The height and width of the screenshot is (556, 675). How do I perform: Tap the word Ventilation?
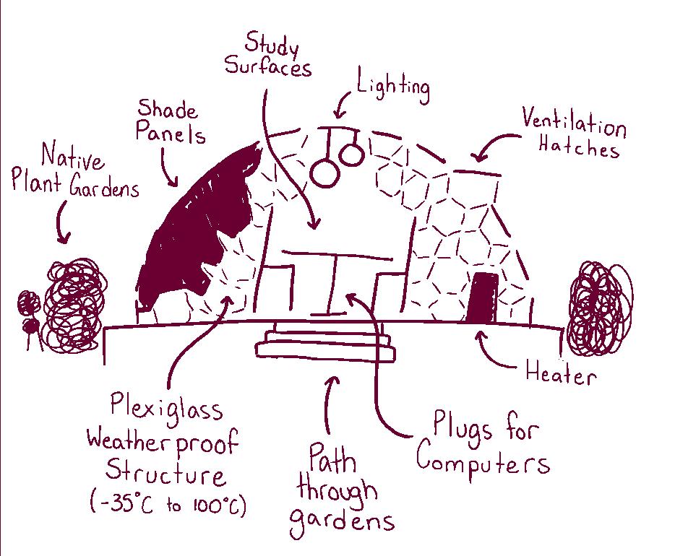point(574,124)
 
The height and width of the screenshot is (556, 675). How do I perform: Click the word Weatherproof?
point(162,440)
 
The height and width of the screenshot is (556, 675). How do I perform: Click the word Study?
point(271,44)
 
